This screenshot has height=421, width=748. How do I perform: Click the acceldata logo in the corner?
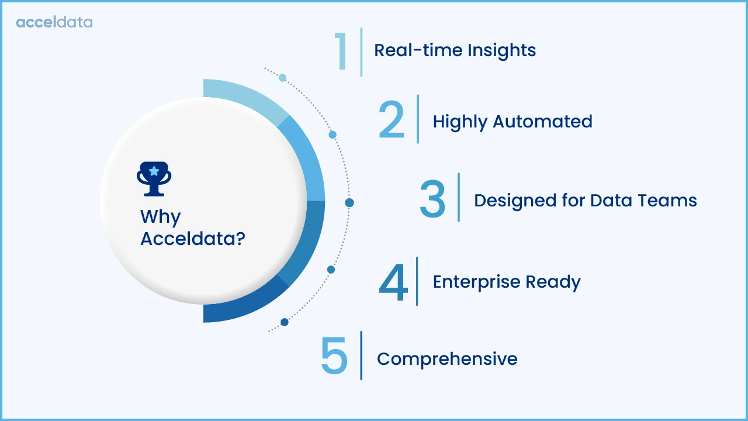click(54, 22)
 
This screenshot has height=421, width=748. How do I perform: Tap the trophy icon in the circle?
click(154, 178)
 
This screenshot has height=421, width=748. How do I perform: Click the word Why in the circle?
click(160, 217)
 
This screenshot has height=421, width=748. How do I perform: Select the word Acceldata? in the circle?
click(192, 239)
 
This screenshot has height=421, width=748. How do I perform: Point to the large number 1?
click(341, 52)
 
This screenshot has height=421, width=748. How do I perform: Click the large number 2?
click(392, 120)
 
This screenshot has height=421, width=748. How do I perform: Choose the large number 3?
click(432, 199)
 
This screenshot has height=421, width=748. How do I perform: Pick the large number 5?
click(334, 356)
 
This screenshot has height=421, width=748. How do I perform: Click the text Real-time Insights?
click(455, 50)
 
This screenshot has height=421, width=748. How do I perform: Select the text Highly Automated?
click(512, 121)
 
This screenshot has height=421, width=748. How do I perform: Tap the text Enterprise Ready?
click(506, 282)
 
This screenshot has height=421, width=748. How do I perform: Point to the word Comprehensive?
click(447, 358)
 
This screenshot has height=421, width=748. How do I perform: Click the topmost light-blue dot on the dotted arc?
click(282, 78)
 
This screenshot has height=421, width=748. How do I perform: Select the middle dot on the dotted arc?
click(349, 203)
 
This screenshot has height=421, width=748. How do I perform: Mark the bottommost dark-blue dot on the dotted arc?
click(285, 322)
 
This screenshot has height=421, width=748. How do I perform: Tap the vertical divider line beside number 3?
click(459, 197)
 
